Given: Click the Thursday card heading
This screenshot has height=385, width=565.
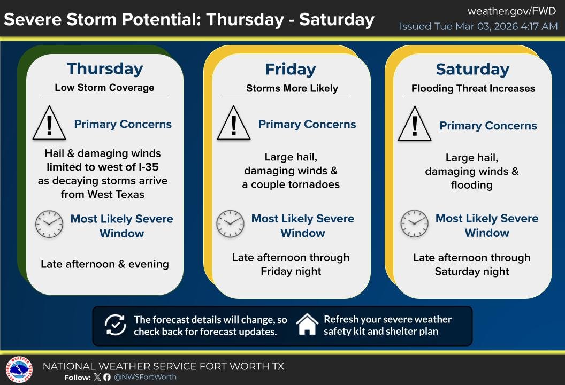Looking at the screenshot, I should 105,69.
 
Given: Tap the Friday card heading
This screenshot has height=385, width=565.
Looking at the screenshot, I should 291,70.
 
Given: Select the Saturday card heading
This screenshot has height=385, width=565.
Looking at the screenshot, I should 472,70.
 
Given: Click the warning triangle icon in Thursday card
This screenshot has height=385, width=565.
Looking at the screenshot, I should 49,124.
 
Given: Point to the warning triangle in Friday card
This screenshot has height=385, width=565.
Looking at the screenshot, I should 234,124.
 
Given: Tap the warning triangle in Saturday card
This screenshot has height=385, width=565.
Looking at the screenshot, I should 415,125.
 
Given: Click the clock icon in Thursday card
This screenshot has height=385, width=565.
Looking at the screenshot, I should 49,225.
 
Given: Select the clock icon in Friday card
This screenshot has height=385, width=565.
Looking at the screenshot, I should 230,225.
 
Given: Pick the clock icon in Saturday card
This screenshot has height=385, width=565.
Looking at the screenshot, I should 415,224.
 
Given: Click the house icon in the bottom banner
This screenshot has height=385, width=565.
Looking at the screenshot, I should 307,325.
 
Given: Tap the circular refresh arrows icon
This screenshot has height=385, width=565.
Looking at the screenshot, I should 114,325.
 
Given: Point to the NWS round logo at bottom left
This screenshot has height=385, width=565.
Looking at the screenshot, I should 19,371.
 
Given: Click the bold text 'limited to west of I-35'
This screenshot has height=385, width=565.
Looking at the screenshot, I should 102,167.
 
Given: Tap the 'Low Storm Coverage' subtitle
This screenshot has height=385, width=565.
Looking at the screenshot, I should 104,88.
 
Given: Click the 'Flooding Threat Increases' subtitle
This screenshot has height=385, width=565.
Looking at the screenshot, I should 473,89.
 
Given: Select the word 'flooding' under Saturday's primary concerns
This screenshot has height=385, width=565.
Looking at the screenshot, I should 471,185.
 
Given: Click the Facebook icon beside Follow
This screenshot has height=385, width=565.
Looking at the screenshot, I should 107,377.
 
